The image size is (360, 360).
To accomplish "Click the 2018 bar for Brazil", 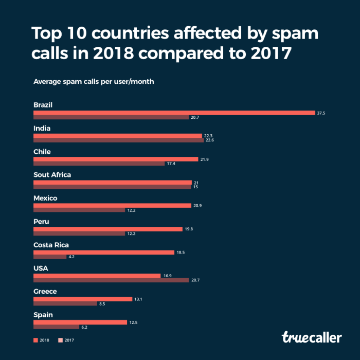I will (x=174, y=113).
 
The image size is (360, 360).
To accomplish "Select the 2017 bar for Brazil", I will (x=111, y=117).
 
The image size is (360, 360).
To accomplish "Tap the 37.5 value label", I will (x=321, y=113).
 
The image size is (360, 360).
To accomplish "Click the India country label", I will (x=42, y=129).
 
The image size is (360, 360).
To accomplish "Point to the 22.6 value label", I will (x=210, y=140).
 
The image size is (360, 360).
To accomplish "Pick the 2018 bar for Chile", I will (x=116, y=159).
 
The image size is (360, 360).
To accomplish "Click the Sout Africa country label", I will (x=52, y=175).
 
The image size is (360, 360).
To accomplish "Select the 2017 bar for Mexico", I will (x=79, y=210).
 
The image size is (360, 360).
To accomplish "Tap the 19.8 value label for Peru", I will (x=189, y=229).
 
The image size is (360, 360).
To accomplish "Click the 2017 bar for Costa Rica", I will (x=50, y=257).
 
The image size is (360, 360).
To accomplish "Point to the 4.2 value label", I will (x=72, y=257).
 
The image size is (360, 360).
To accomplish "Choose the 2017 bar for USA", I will (x=111, y=280).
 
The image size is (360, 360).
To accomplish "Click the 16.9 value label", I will (x=167, y=276).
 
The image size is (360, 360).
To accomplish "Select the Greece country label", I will (x=45, y=292).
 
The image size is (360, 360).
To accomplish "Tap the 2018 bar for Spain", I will (x=80, y=322).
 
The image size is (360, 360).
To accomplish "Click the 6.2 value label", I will (x=84, y=327).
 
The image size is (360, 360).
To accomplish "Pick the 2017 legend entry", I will (x=66, y=340).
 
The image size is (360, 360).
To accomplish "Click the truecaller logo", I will (x=311, y=337).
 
